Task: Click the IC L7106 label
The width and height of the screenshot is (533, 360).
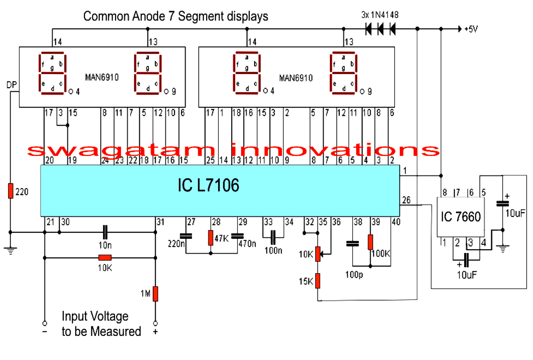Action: (x=208, y=185)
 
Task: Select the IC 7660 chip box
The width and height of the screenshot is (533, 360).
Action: (x=460, y=217)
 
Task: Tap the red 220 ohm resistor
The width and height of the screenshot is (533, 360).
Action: (x=11, y=191)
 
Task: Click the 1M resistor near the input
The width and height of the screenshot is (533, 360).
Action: (x=155, y=294)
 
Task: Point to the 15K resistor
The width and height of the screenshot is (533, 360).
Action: (x=318, y=281)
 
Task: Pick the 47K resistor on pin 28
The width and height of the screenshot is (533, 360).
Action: (x=211, y=237)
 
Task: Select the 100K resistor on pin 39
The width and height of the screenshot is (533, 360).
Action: (x=370, y=242)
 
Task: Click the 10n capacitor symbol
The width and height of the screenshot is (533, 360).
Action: (x=105, y=232)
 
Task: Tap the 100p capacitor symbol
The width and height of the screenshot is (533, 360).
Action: (x=352, y=244)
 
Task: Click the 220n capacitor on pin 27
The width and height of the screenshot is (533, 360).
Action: (x=186, y=236)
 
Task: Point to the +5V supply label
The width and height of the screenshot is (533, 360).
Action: (x=471, y=29)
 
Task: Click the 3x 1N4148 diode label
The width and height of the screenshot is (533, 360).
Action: (x=380, y=15)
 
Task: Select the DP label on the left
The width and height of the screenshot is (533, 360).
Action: (x=12, y=85)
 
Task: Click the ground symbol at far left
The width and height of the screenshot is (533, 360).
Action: (x=11, y=251)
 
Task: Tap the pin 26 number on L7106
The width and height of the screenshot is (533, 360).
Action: (x=406, y=200)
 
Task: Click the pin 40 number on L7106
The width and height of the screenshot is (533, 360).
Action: (x=396, y=222)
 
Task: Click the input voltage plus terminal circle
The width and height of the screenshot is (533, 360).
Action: (x=155, y=323)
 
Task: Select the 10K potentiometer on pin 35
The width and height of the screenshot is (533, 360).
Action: (x=318, y=254)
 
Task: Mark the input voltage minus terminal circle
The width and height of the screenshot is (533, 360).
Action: (x=45, y=323)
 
